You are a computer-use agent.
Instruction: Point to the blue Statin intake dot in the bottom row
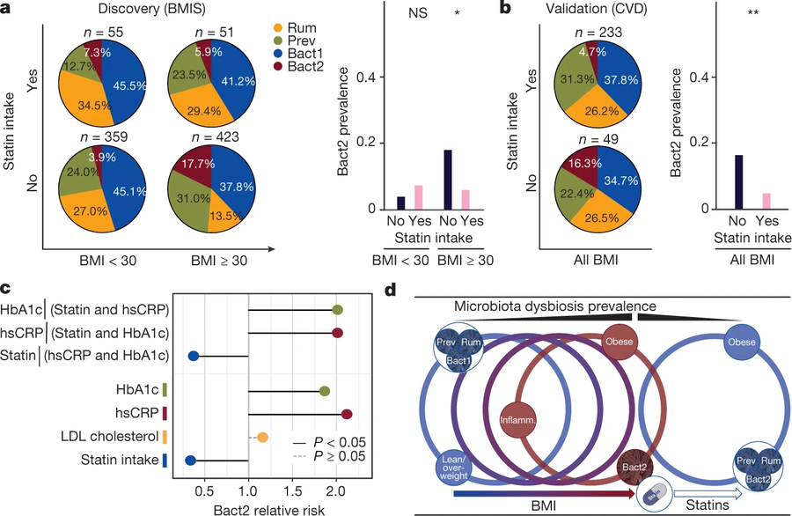190,459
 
